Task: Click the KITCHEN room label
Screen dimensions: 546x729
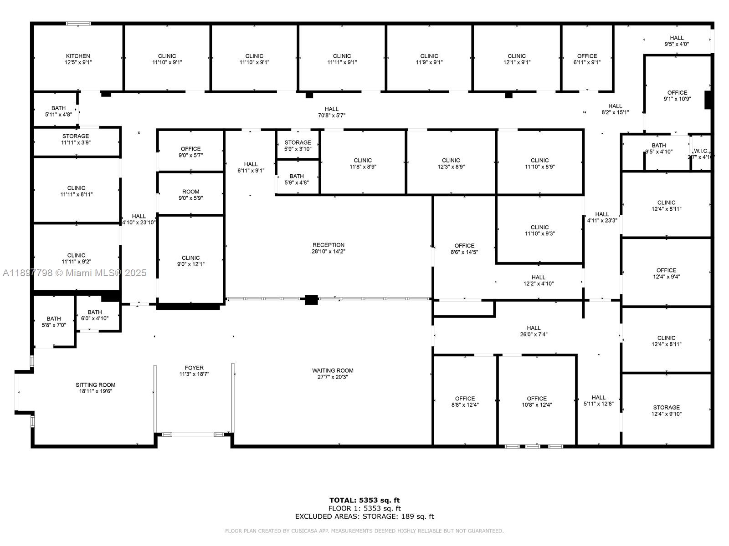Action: point(78,56)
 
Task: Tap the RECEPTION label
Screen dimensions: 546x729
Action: point(328,245)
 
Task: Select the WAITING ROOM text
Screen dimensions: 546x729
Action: point(333,371)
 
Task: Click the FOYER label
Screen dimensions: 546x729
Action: point(194,368)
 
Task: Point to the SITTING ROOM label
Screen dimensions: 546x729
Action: point(96,385)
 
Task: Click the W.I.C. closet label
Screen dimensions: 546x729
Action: point(700,151)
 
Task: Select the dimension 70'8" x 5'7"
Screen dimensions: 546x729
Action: point(332,116)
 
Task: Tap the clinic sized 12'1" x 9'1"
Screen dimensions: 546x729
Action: point(516,59)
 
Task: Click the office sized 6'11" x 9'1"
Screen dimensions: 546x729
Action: point(587,59)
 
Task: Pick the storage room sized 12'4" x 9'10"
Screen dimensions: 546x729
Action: point(666,410)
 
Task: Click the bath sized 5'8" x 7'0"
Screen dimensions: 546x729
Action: point(54,322)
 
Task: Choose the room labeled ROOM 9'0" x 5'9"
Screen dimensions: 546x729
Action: point(190,195)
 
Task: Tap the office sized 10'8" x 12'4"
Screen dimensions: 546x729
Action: point(537,401)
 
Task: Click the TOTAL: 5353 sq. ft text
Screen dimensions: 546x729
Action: point(364,500)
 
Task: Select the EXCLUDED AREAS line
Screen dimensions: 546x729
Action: point(364,516)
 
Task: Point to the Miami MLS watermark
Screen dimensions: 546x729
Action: point(75,273)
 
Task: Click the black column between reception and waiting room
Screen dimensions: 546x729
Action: point(311,300)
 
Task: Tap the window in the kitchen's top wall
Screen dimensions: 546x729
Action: point(78,23)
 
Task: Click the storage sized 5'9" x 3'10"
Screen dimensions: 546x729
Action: point(298,145)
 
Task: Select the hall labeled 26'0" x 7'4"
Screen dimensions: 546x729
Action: point(534,331)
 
